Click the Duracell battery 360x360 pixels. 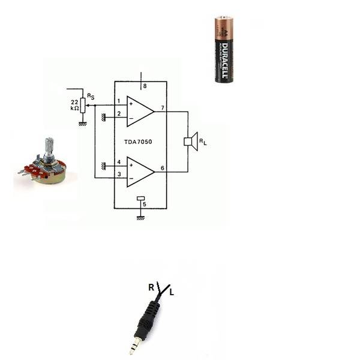click(224, 50)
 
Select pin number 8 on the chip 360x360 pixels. click(145, 86)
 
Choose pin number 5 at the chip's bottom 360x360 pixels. click(144, 205)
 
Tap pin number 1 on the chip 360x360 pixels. click(119, 101)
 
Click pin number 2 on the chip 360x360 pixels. click(119, 113)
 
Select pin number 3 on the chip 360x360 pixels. click(119, 174)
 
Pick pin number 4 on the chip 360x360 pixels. click(119, 162)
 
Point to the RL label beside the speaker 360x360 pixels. click(203, 143)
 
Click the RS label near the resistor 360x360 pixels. click(90, 96)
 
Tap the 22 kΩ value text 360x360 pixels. click(74, 104)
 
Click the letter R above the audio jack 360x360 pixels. click(151, 287)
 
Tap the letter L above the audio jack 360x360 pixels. click(172, 293)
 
